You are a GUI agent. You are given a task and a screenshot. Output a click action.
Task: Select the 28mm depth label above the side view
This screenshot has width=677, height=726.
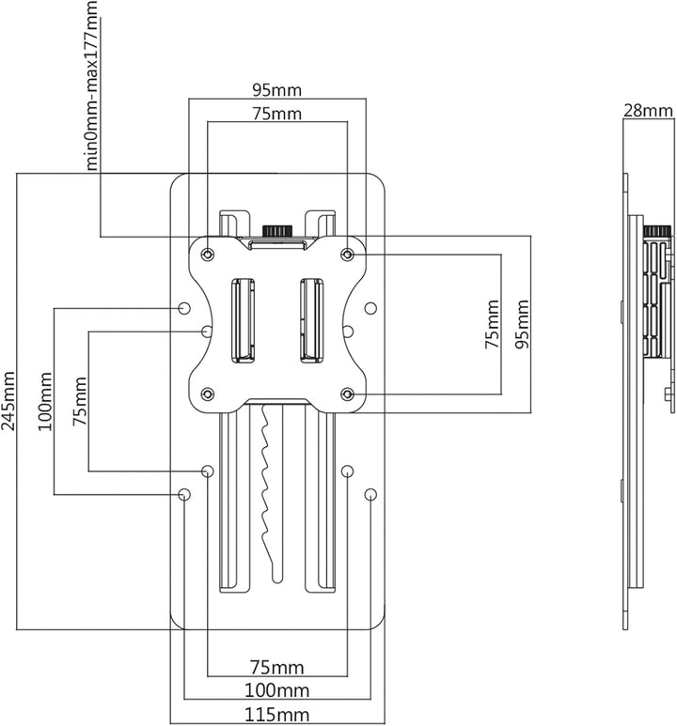tap(648, 111)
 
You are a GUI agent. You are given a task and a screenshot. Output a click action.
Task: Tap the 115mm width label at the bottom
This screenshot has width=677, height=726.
tap(276, 715)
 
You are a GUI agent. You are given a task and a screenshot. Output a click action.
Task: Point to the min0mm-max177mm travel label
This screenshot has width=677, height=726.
tap(91, 85)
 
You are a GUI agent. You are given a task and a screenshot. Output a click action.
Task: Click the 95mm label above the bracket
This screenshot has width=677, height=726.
tap(276, 90)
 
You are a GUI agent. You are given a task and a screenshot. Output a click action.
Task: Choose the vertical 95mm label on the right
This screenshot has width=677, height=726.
tap(522, 324)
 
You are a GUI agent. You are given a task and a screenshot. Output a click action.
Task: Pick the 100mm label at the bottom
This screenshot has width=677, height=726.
tap(276, 691)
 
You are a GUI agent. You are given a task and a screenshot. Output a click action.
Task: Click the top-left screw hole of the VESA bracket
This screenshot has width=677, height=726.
tap(208, 255)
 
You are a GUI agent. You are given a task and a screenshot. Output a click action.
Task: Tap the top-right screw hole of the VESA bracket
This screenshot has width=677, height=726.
tap(347, 255)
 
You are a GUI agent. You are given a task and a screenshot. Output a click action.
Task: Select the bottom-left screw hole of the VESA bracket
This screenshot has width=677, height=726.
tap(208, 394)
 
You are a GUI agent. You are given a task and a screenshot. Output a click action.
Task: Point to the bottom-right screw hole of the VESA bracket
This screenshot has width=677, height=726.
tap(347, 394)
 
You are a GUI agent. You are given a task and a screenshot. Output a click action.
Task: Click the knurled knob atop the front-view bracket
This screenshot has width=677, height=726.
tap(277, 230)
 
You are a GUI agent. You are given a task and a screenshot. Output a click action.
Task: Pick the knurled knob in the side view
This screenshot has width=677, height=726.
tap(657, 231)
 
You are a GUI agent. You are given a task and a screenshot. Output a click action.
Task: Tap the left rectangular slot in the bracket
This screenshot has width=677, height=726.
tap(243, 320)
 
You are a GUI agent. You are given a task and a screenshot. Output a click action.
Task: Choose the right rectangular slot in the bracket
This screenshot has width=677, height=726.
tap(312, 320)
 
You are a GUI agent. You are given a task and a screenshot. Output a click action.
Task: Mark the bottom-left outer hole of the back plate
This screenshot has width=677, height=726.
tap(184, 494)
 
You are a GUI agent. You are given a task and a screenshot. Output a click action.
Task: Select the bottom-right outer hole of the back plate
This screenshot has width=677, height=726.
tap(370, 494)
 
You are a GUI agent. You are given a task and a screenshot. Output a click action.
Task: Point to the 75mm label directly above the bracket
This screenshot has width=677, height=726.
tap(276, 114)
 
